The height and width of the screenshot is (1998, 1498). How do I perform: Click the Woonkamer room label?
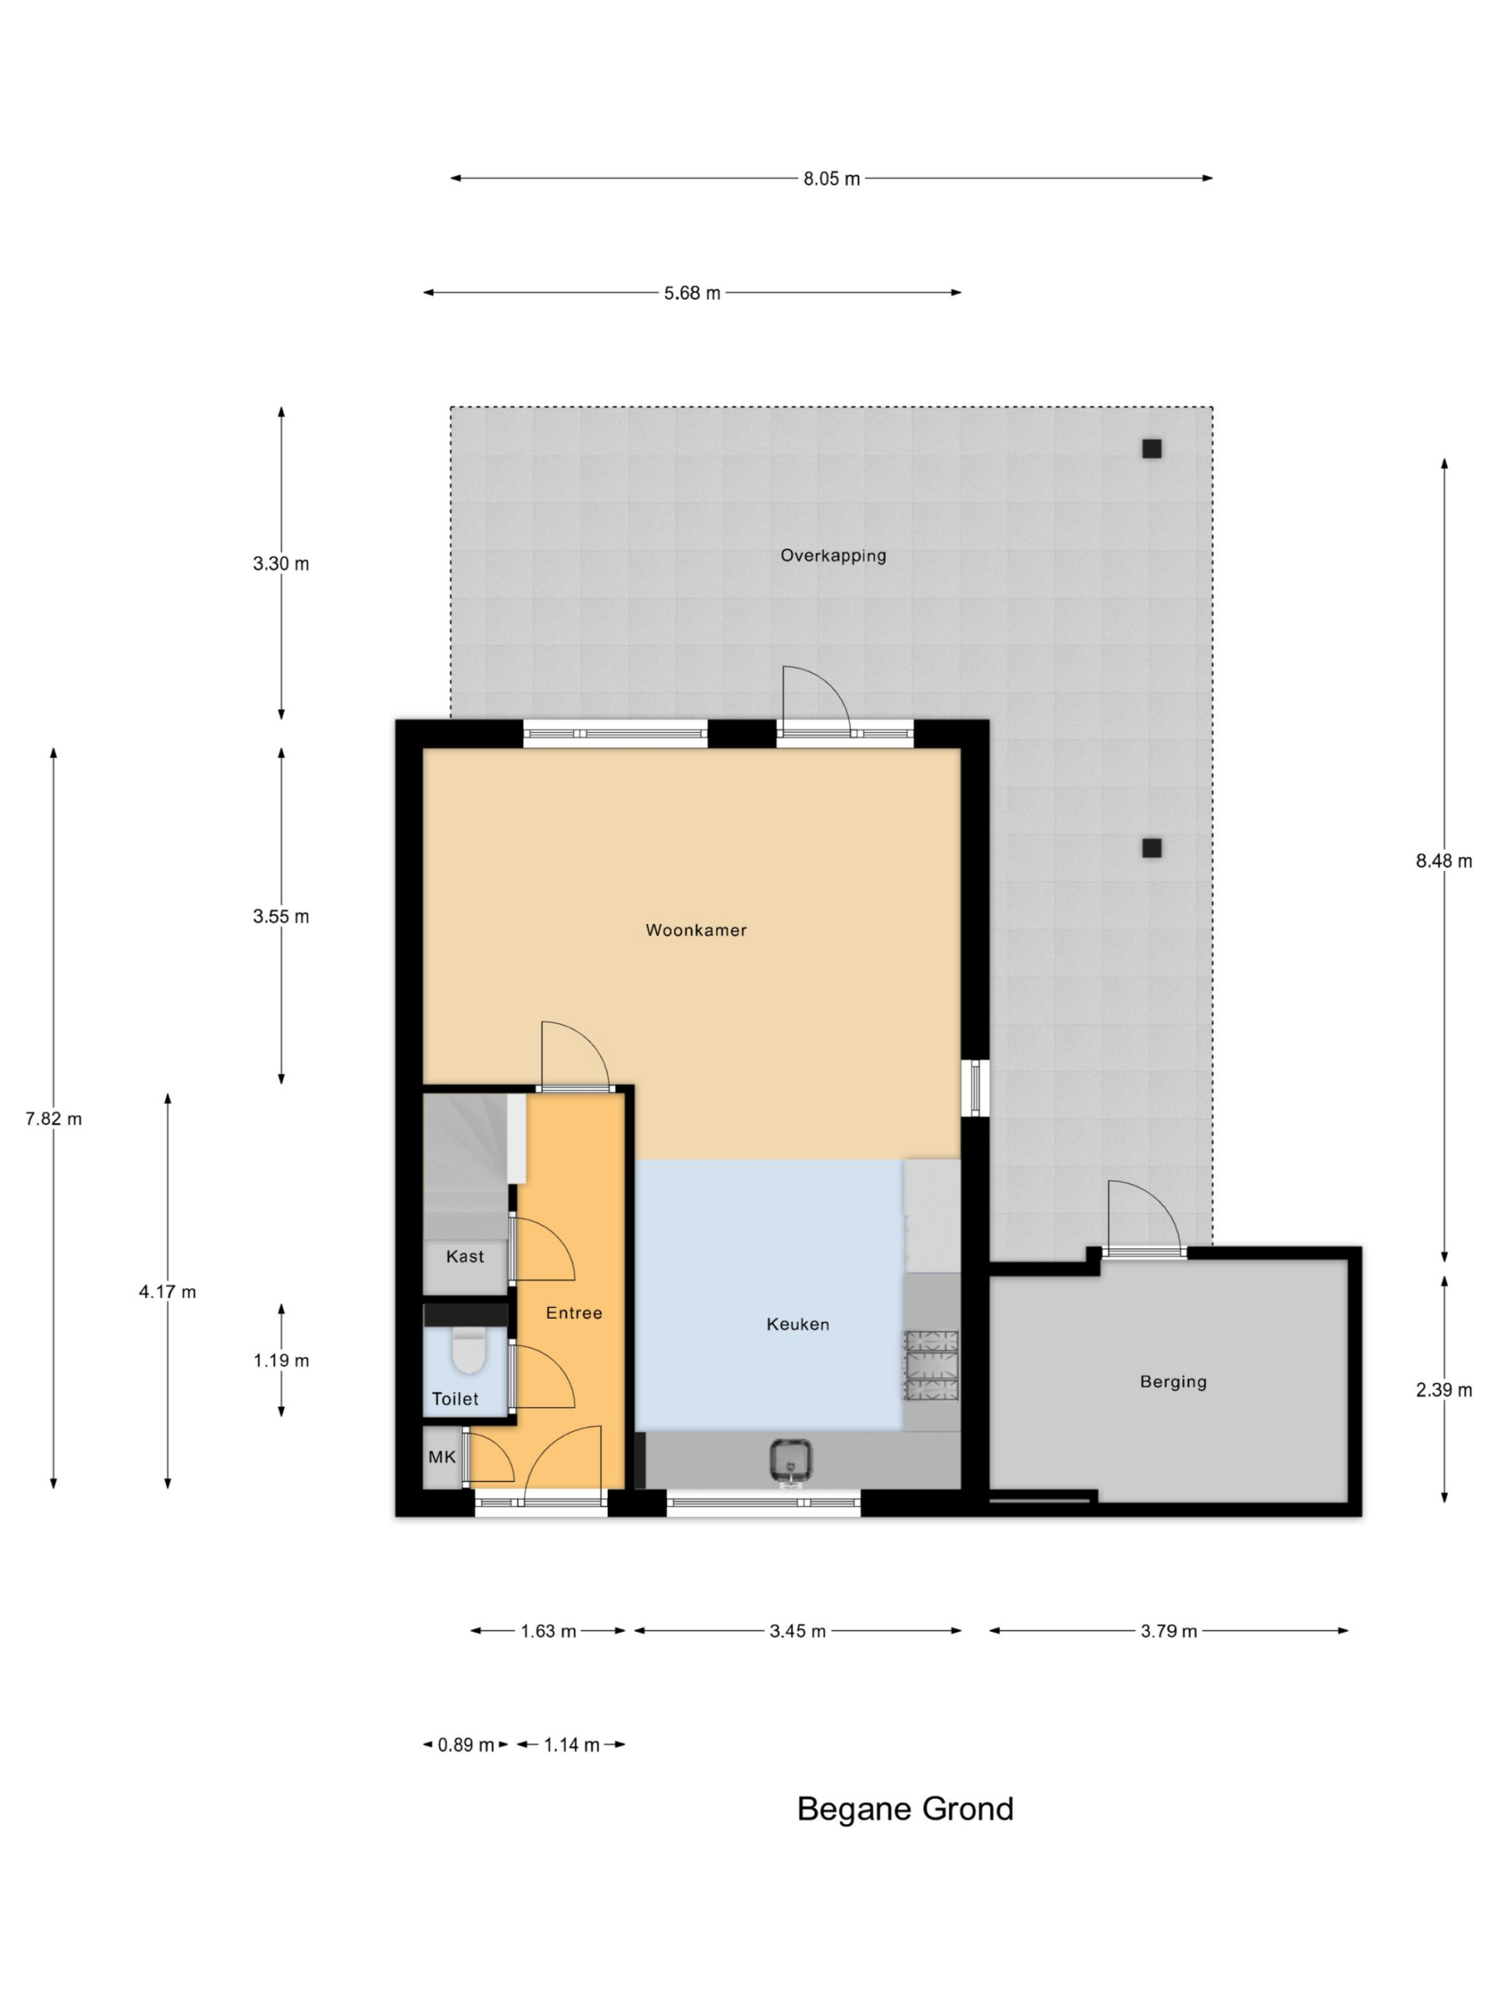pos(695,930)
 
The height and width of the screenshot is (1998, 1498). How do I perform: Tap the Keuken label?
pos(797,1324)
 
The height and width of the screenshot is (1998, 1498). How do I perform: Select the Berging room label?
pos(1173,1382)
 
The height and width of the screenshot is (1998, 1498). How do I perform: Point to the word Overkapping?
pos(832,556)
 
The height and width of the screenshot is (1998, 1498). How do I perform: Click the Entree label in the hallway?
pos(573,1313)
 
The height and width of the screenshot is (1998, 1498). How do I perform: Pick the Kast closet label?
pos(465,1257)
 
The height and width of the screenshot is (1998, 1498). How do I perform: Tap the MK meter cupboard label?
pos(442,1457)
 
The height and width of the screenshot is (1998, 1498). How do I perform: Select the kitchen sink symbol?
pos(790,1463)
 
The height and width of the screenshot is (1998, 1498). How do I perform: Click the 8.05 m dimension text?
pos(832,179)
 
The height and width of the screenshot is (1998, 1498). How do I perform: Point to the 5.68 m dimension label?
pos(692,293)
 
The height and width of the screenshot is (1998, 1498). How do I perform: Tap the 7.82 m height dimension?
pos(53,1119)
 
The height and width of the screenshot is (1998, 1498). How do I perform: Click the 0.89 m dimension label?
pos(466,1745)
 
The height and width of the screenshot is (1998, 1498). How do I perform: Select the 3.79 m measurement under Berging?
pos(1169,1631)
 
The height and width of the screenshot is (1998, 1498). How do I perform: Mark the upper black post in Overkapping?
pos(1152,448)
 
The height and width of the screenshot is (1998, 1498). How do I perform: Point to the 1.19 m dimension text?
pos(281,1360)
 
